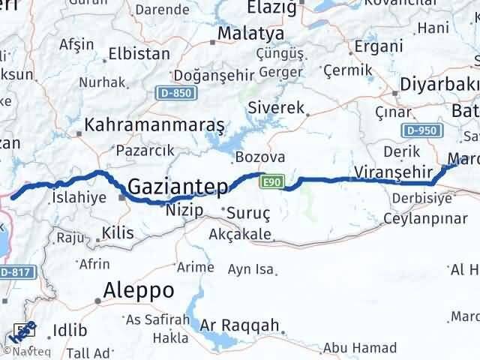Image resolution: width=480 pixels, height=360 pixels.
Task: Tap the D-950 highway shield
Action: click(x=422, y=130)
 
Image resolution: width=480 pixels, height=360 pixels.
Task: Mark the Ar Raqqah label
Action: click(x=239, y=325)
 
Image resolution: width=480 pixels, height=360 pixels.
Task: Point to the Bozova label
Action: click(x=259, y=157)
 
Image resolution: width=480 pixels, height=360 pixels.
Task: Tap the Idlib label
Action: click(x=69, y=331)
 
